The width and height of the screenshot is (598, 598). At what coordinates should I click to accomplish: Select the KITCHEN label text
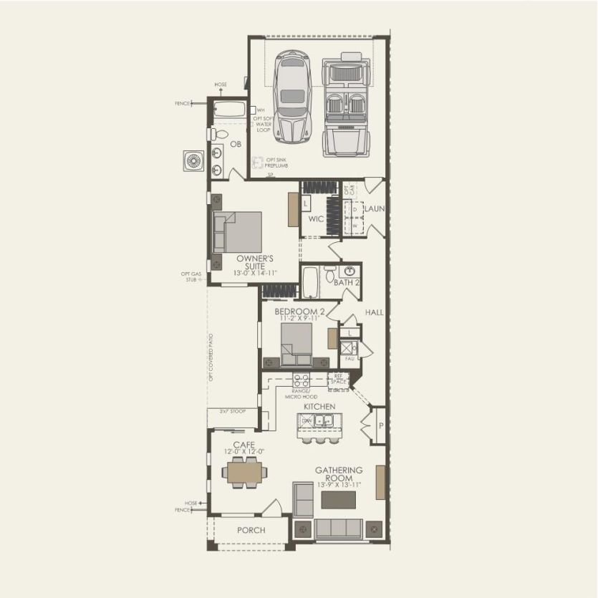click(319, 407)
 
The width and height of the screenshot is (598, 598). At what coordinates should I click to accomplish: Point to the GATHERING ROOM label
click(339, 474)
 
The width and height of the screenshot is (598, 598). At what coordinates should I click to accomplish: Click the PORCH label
click(251, 531)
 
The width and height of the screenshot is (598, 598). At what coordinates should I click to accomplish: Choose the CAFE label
click(243, 445)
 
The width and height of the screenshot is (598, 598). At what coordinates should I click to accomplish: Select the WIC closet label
click(316, 219)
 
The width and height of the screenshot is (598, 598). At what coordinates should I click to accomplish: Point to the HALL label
click(374, 313)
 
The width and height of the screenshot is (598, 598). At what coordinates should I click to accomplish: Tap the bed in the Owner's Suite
click(239, 231)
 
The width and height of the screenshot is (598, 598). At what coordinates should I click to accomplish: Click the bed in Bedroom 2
click(296, 344)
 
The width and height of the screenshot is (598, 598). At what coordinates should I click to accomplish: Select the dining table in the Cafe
click(245, 473)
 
